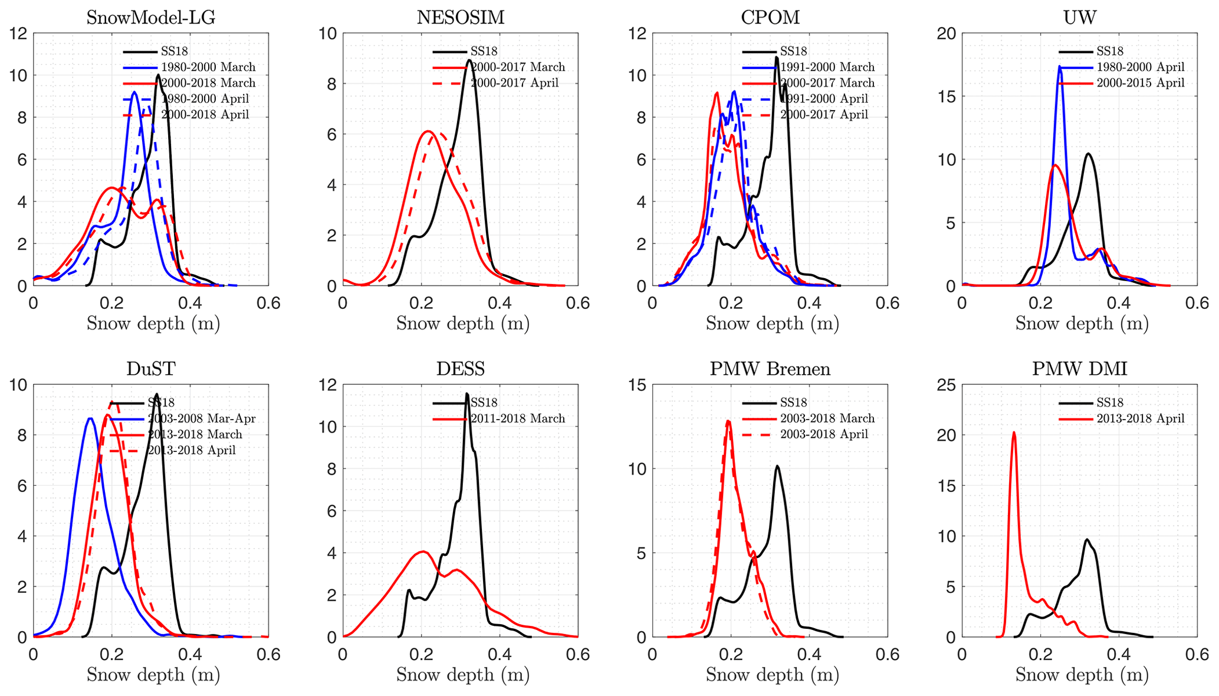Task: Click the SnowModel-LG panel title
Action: (x=150, y=17)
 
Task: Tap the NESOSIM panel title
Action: (x=461, y=17)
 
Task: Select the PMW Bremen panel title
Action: (x=770, y=369)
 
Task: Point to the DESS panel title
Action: (x=461, y=369)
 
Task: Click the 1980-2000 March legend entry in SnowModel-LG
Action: (x=208, y=67)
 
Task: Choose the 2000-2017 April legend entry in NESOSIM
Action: (x=514, y=83)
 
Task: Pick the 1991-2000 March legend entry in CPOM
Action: (x=827, y=67)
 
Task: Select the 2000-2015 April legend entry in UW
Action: (x=1140, y=83)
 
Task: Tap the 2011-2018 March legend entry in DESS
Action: (x=517, y=418)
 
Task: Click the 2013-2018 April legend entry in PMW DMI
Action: (x=1140, y=418)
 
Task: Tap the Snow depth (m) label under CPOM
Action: (x=772, y=324)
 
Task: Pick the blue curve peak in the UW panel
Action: (x=1060, y=67)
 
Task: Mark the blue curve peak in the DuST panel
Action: (x=90, y=418)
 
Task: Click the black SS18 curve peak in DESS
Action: (x=467, y=394)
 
